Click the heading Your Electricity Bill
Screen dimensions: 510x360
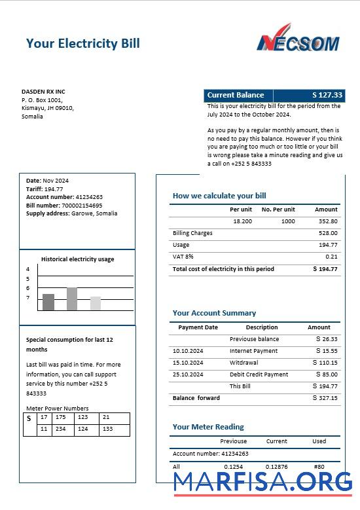82,44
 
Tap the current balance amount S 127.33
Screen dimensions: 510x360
327,95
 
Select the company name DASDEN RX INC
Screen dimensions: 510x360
43,92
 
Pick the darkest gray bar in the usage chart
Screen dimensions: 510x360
48,302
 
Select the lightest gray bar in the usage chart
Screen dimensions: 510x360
96,303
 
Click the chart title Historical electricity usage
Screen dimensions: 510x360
77,259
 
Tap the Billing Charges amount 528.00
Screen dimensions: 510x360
328,233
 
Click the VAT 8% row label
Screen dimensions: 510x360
183,257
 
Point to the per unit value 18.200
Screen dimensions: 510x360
242,221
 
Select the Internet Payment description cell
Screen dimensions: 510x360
253,351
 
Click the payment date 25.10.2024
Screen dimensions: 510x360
188,374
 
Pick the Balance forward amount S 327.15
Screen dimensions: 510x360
325,398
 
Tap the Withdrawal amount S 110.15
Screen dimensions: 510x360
325,363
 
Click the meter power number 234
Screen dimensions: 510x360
60,429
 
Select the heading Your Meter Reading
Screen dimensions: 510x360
208,427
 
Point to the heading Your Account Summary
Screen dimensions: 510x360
214,313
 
